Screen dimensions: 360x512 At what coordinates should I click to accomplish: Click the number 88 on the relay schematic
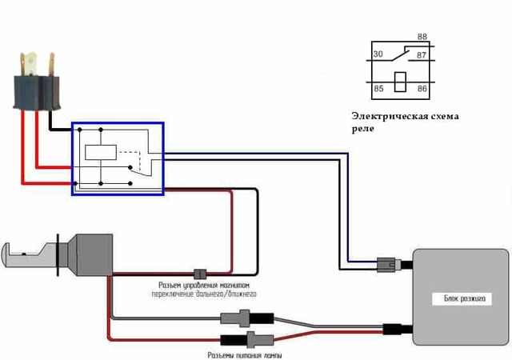click(x=422, y=37)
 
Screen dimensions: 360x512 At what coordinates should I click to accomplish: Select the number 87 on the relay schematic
click(x=422, y=54)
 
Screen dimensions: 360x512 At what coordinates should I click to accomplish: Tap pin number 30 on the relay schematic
click(x=378, y=54)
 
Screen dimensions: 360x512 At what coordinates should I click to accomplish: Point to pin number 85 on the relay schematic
click(x=378, y=88)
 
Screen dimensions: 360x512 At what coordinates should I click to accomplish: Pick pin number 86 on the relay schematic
click(x=422, y=88)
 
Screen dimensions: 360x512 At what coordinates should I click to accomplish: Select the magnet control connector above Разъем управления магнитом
click(x=202, y=273)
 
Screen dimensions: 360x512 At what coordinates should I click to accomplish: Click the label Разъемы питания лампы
click(x=244, y=354)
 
